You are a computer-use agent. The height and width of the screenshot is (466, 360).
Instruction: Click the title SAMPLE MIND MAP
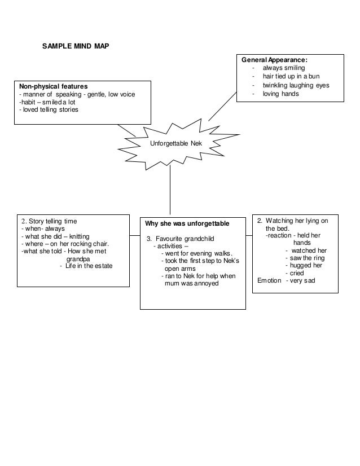(x=76, y=45)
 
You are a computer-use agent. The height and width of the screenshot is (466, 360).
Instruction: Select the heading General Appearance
(x=279, y=59)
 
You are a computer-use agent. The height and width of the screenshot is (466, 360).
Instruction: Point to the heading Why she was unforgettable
(x=183, y=225)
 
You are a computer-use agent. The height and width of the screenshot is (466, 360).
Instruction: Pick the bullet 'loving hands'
(x=280, y=94)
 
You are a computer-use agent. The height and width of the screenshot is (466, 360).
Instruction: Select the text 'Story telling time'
(x=55, y=221)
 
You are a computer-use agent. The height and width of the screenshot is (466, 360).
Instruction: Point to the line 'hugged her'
(x=304, y=265)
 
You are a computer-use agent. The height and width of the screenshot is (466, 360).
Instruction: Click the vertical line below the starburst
(x=170, y=189)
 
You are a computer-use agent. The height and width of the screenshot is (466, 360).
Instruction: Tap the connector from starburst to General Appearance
(x=223, y=105)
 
